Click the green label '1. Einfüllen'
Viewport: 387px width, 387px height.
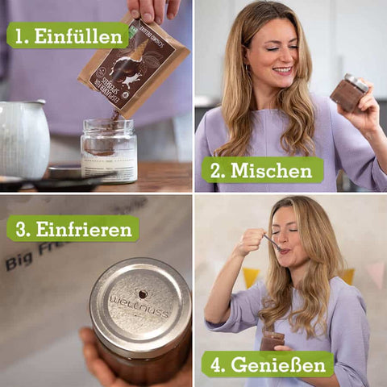pyautogui.click(x=68, y=35)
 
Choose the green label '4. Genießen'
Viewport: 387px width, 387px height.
pyautogui.click(x=268, y=364)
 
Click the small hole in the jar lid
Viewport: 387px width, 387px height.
pyautogui.click(x=142, y=294)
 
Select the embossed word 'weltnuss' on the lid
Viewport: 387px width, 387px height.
pyautogui.click(x=139, y=307)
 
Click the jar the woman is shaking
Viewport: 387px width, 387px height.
pyautogui.click(x=348, y=92)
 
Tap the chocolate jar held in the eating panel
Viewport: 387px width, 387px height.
pyautogui.click(x=272, y=340)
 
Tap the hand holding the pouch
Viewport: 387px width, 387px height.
pyautogui.click(x=154, y=10)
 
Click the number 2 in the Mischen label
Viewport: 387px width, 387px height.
pyautogui.click(x=215, y=170)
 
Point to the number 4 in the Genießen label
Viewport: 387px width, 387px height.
pyautogui.click(x=214, y=364)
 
